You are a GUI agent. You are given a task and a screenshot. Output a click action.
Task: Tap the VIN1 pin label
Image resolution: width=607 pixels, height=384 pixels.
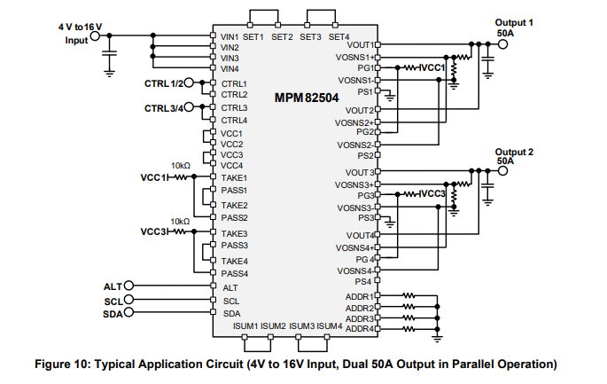(x=230, y=36)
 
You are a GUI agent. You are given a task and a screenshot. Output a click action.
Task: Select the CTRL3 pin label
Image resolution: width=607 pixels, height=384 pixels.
(x=234, y=107)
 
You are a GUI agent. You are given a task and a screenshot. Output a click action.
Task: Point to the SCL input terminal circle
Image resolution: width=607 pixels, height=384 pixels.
(x=128, y=300)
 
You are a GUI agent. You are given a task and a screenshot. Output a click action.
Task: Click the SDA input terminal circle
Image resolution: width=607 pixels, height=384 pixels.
(x=128, y=312)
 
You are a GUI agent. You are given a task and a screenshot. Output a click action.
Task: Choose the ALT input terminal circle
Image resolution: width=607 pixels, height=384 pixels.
(x=128, y=286)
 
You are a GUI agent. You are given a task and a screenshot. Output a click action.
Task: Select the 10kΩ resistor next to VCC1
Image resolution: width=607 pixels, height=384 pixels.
(x=183, y=177)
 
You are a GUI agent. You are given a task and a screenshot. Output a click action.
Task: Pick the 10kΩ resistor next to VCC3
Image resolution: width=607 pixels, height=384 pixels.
(x=183, y=232)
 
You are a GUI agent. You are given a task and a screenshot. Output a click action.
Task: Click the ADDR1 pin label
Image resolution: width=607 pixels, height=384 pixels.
(x=358, y=295)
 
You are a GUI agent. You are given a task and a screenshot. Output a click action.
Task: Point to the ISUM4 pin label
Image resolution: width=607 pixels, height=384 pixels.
(x=330, y=325)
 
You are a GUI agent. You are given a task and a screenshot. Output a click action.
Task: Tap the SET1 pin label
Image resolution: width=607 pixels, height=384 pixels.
(x=254, y=36)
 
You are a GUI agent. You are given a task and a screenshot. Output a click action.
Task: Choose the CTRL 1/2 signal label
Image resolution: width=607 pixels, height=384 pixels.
(x=164, y=83)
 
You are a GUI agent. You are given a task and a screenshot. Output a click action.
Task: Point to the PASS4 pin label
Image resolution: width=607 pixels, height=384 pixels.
(x=234, y=273)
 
